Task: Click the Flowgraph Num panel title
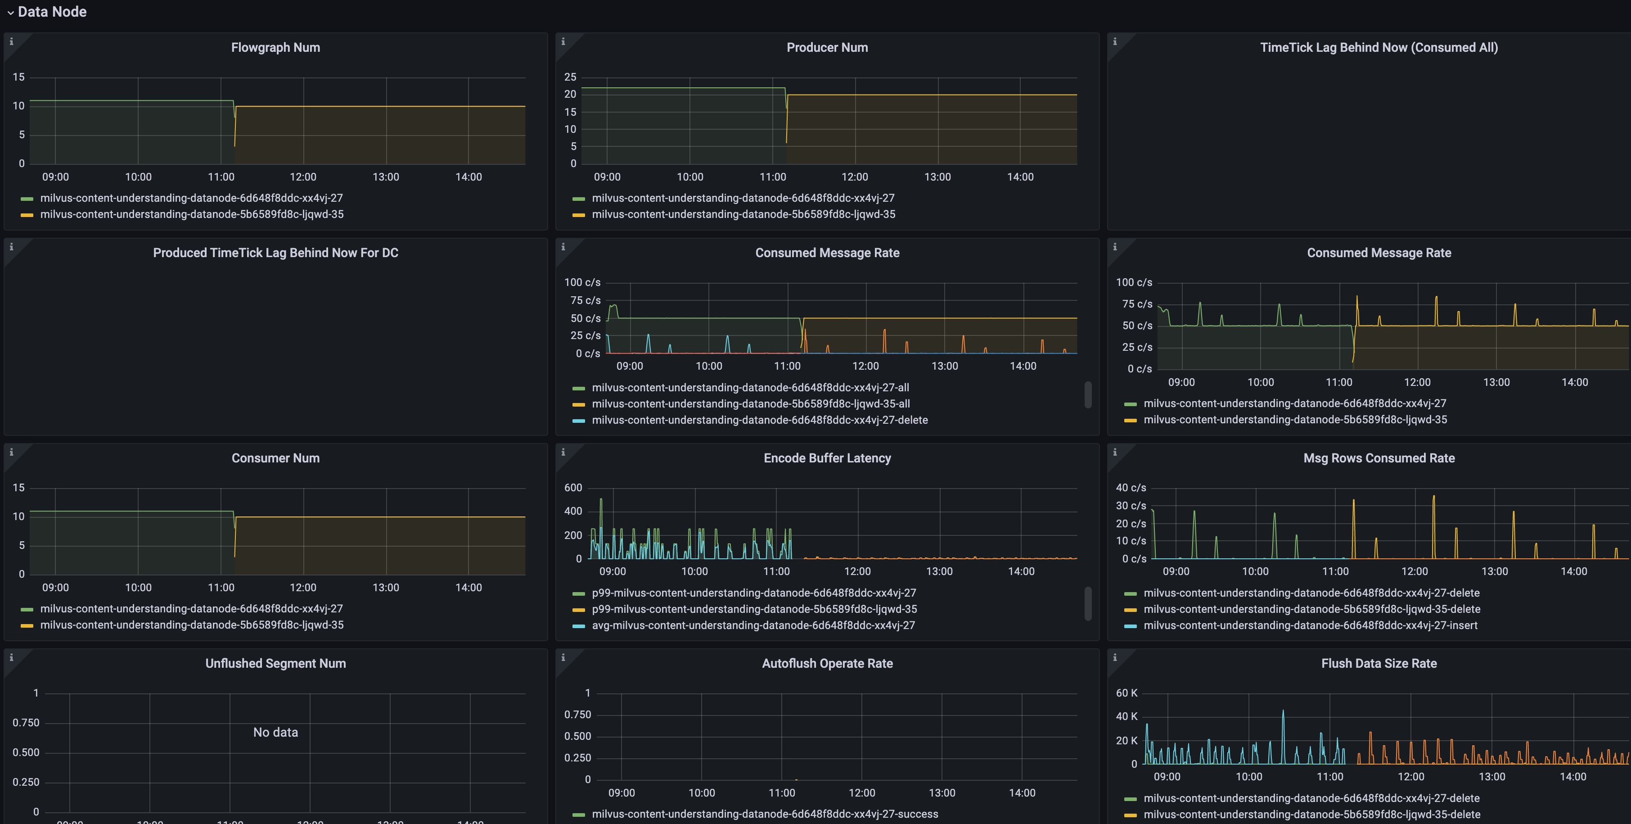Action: (275, 47)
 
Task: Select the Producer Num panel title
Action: (827, 47)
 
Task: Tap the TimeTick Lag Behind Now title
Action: (1379, 47)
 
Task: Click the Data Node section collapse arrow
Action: (10, 13)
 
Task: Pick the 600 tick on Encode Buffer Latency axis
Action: (572, 488)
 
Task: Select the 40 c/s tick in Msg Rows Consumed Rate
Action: (1130, 488)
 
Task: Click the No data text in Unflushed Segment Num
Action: (275, 732)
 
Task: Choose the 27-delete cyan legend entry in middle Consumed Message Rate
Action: (759, 420)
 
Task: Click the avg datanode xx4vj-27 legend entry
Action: (753, 625)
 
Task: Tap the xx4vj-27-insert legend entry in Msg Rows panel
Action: (1310, 625)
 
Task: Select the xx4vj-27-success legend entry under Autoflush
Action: (764, 814)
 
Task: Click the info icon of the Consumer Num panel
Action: (11, 452)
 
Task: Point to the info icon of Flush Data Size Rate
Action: (1115, 657)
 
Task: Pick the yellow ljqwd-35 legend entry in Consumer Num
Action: (191, 625)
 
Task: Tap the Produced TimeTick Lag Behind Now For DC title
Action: (275, 253)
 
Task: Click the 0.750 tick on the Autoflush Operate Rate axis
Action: (577, 715)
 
